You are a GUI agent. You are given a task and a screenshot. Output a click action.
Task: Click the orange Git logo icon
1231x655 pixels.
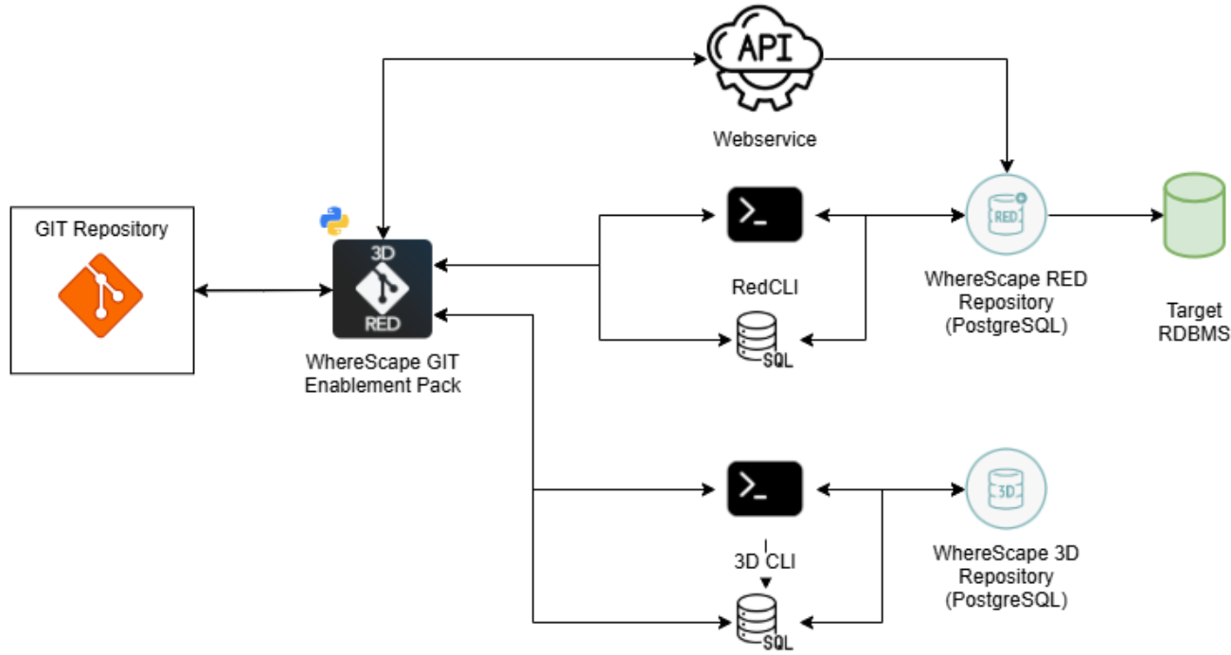click(x=100, y=295)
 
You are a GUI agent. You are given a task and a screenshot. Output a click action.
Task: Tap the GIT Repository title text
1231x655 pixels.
click(x=101, y=229)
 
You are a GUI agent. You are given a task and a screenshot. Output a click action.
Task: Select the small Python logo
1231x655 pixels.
click(x=333, y=220)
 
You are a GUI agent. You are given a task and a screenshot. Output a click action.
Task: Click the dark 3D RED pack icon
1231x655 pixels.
click(x=383, y=289)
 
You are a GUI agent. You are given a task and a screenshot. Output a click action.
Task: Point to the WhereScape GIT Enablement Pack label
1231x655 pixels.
click(x=383, y=374)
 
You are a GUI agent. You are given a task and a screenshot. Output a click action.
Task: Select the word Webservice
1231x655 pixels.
click(x=764, y=139)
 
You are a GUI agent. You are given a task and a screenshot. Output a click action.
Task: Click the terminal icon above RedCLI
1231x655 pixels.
click(x=764, y=215)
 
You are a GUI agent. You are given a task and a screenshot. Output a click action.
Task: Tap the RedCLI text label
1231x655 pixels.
click(x=764, y=287)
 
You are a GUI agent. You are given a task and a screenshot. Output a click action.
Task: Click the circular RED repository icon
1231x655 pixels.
click(x=1006, y=216)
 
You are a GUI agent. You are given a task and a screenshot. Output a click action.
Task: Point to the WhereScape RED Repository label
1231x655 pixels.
click(x=1006, y=302)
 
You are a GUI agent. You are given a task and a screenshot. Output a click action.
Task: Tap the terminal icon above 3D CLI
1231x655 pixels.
click(x=764, y=488)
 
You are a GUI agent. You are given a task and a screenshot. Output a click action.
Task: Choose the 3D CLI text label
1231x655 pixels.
click(x=764, y=560)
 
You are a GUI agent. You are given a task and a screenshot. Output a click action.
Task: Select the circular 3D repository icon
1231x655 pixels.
click(x=1006, y=489)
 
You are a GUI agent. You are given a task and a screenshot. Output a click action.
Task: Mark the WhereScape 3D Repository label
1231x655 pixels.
click(x=1006, y=575)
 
